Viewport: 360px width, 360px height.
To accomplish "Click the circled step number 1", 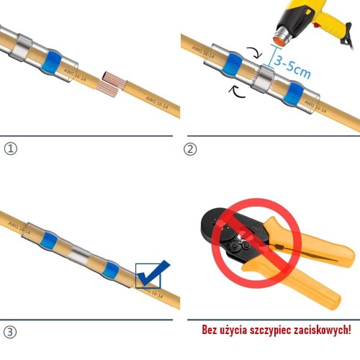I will click(10, 149).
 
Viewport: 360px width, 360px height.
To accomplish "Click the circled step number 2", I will click(190, 149).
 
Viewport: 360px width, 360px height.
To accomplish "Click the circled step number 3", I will click(10, 332).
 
